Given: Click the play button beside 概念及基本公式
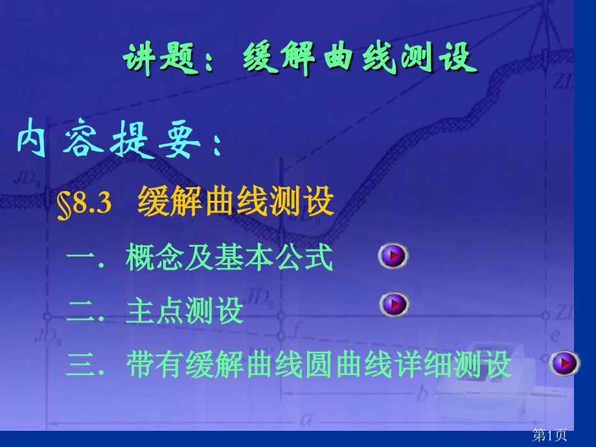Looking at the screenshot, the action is [x=393, y=255].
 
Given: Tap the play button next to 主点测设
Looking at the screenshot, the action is [x=394, y=304].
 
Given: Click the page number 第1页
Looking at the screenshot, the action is [x=549, y=435].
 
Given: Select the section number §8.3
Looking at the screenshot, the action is [x=84, y=204].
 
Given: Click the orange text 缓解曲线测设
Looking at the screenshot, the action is [x=236, y=201].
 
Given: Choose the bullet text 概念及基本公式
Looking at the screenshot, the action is [x=229, y=257].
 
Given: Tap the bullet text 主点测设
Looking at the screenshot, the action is [x=185, y=310].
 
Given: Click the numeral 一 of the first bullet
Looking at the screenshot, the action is [x=80, y=258].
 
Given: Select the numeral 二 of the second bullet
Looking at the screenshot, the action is [x=81, y=312].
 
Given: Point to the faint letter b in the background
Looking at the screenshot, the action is [x=422, y=393].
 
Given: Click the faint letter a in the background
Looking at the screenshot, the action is [x=306, y=419].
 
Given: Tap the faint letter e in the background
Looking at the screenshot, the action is [x=555, y=335].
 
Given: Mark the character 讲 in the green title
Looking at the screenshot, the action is [x=141, y=59].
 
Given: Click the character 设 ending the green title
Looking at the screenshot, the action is [x=458, y=58].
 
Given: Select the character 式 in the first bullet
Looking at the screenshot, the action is [x=319, y=257].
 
